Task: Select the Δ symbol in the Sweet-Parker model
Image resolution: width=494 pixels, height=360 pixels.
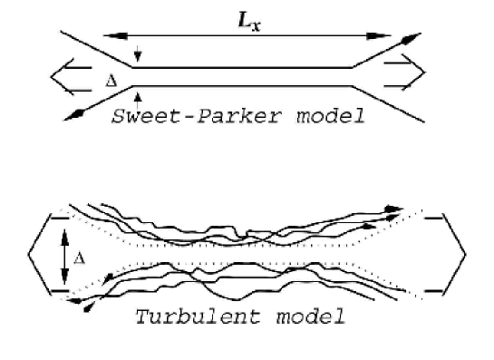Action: pyautogui.click(x=111, y=79)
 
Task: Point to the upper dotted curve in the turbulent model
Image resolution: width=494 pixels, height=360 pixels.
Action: pyautogui.click(x=245, y=245)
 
